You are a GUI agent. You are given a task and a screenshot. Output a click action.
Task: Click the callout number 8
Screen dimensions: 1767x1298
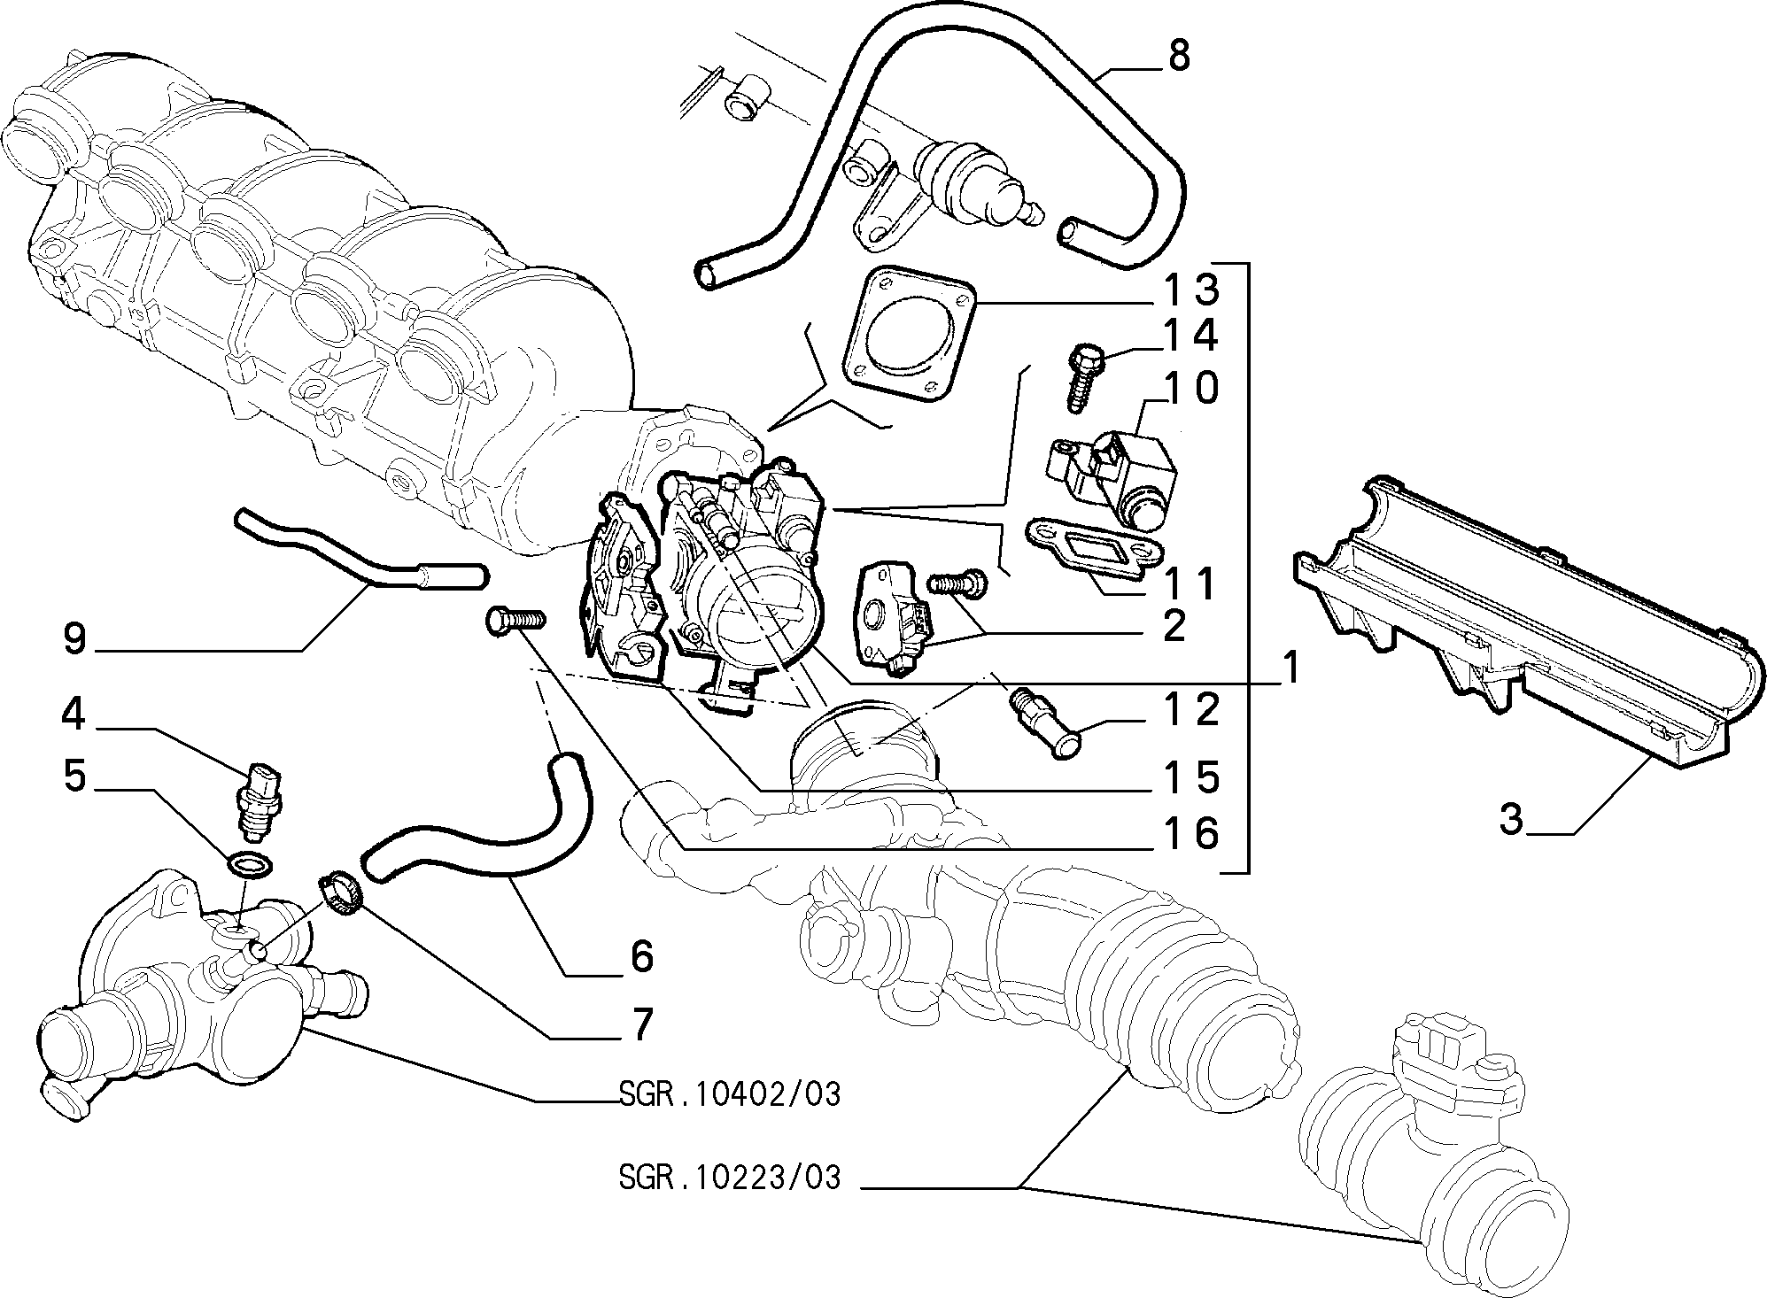coord(1179,58)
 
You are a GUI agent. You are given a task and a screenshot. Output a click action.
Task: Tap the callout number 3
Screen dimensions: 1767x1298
coord(1510,818)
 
